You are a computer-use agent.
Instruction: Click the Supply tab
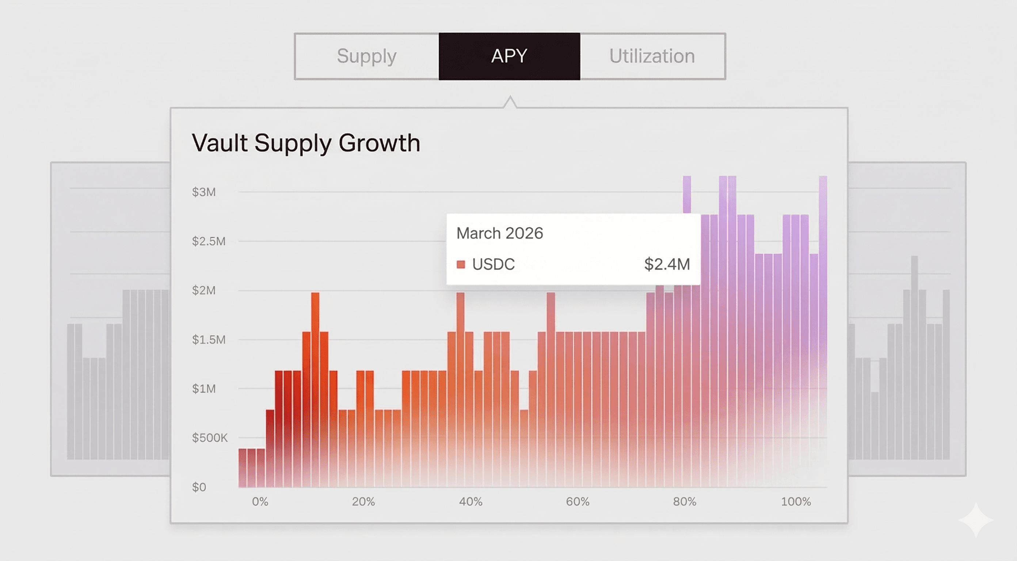[366, 56]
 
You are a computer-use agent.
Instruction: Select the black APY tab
[509, 56]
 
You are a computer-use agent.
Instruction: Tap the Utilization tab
[652, 56]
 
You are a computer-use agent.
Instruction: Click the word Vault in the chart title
[220, 142]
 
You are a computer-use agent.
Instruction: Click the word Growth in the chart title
[380, 142]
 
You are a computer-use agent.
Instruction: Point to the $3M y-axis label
[204, 192]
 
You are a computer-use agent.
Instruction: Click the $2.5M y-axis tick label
[209, 241]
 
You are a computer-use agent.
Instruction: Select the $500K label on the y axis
[210, 438]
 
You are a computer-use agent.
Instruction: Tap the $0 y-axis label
[199, 487]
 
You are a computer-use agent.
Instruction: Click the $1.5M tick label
[209, 340]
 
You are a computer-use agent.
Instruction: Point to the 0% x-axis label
[260, 501]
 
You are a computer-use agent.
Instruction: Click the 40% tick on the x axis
[471, 501]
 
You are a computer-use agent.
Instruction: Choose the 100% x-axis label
[796, 501]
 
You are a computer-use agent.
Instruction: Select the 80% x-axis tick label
[685, 501]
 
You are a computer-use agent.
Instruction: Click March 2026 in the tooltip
[500, 233]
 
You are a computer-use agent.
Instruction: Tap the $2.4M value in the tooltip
[667, 264]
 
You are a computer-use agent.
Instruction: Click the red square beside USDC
[461, 264]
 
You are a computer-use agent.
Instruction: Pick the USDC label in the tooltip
[494, 264]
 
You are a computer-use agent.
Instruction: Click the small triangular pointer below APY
[510, 102]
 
